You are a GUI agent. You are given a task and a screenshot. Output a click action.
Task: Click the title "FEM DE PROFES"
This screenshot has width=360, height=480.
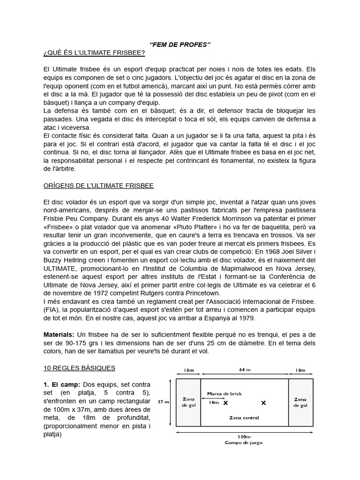pos(180,44)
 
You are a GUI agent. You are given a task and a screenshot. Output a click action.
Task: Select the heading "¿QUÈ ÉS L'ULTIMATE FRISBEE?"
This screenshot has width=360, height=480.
pos(94,53)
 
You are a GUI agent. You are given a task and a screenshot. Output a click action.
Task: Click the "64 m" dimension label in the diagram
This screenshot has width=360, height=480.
pos(244,369)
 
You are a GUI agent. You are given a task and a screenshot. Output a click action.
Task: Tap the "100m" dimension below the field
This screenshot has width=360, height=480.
pos(244,436)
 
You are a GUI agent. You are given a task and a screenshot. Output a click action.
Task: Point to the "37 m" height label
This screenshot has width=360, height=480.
pos(163,402)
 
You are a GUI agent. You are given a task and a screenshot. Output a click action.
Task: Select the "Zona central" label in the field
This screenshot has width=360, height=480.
pos(244,417)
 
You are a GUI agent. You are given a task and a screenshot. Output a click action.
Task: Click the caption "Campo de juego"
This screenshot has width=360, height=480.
pos(244,442)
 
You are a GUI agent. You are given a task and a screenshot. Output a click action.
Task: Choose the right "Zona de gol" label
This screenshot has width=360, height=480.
pos(300,402)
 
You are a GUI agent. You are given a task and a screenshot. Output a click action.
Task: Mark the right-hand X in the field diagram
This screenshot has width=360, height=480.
pos(263,403)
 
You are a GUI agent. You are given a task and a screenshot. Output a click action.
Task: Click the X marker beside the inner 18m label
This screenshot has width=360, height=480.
pos(225,403)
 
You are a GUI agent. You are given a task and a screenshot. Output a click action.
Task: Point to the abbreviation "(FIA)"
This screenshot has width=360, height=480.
pos(51,309)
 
